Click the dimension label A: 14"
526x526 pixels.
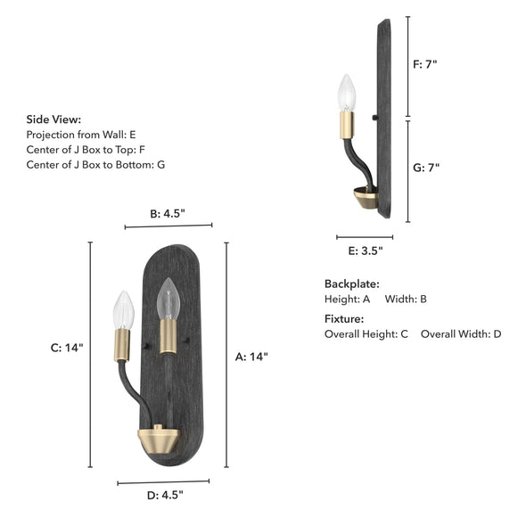pos(251,357)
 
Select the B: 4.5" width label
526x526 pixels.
pos(168,213)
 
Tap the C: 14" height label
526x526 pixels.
pos(67,348)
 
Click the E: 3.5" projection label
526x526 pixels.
pos(365,251)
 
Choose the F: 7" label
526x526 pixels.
pos(427,65)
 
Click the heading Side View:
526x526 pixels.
pos(53,119)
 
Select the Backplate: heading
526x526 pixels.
pos(351,284)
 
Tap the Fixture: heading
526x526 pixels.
pos(344,318)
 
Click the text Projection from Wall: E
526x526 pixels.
pos(81,134)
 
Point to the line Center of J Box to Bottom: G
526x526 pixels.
pos(95,164)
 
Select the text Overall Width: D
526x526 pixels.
pos(461,334)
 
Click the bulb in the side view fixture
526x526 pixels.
pos(346,94)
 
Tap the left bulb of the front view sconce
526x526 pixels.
pos(123,309)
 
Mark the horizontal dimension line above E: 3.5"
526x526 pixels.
pos(364,237)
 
